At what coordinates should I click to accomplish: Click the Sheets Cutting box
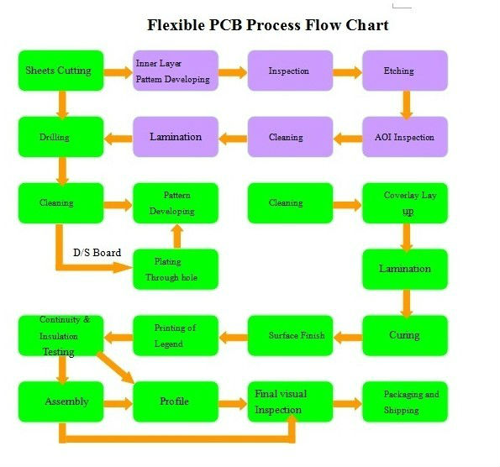[61, 71]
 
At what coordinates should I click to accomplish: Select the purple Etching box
[405, 71]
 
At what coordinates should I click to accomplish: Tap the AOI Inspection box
[405, 137]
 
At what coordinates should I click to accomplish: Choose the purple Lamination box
[176, 137]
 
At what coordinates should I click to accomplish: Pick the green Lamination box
[405, 270]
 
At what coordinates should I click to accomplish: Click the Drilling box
[61, 137]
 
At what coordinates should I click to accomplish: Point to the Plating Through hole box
[176, 270]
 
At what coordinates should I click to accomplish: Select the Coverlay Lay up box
[405, 203]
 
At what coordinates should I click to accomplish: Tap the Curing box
[405, 336]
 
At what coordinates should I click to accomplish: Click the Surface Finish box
[290, 336]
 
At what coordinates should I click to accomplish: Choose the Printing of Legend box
[176, 336]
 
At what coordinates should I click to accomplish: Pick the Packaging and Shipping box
[405, 401]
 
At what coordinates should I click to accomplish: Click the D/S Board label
[97, 253]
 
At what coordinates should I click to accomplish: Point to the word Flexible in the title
[176, 25]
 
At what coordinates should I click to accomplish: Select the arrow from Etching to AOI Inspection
[406, 105]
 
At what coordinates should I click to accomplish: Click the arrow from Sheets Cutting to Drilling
[62, 105]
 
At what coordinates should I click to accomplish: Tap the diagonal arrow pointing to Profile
[115, 368]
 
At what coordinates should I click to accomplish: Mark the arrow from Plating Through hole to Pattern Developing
[177, 236]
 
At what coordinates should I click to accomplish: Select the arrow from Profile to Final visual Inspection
[233, 403]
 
